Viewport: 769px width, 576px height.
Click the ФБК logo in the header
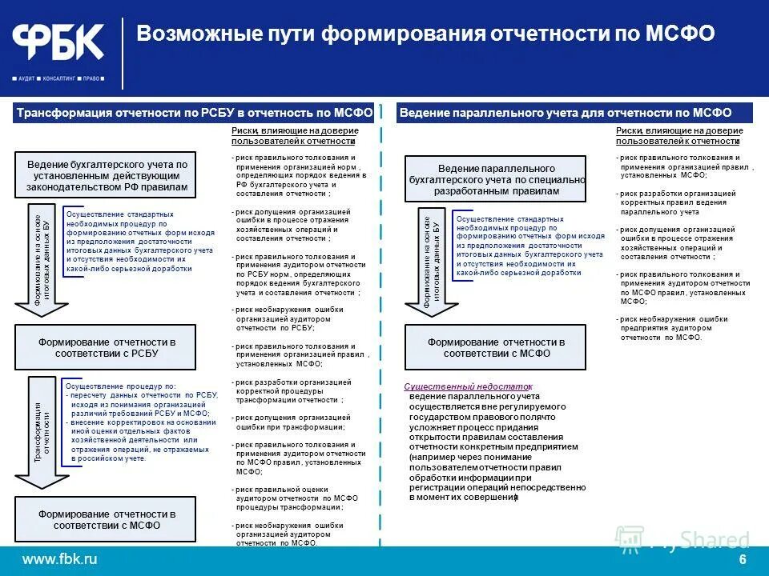58,42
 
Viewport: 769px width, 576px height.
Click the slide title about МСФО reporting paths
425,34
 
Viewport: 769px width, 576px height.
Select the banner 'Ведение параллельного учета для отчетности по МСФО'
576,114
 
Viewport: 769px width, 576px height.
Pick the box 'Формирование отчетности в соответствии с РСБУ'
106,347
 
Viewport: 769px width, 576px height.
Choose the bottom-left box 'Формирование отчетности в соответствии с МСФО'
106,519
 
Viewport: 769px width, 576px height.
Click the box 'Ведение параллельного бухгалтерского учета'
496,180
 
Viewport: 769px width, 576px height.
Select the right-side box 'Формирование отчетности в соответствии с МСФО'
495,347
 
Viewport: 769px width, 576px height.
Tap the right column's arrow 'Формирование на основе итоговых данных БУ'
433,260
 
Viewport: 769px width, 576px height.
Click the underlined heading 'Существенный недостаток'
468,386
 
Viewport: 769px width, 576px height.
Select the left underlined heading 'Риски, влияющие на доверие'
294,135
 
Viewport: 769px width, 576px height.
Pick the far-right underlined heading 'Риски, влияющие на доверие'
678,135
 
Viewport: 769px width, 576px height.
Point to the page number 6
743,558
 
